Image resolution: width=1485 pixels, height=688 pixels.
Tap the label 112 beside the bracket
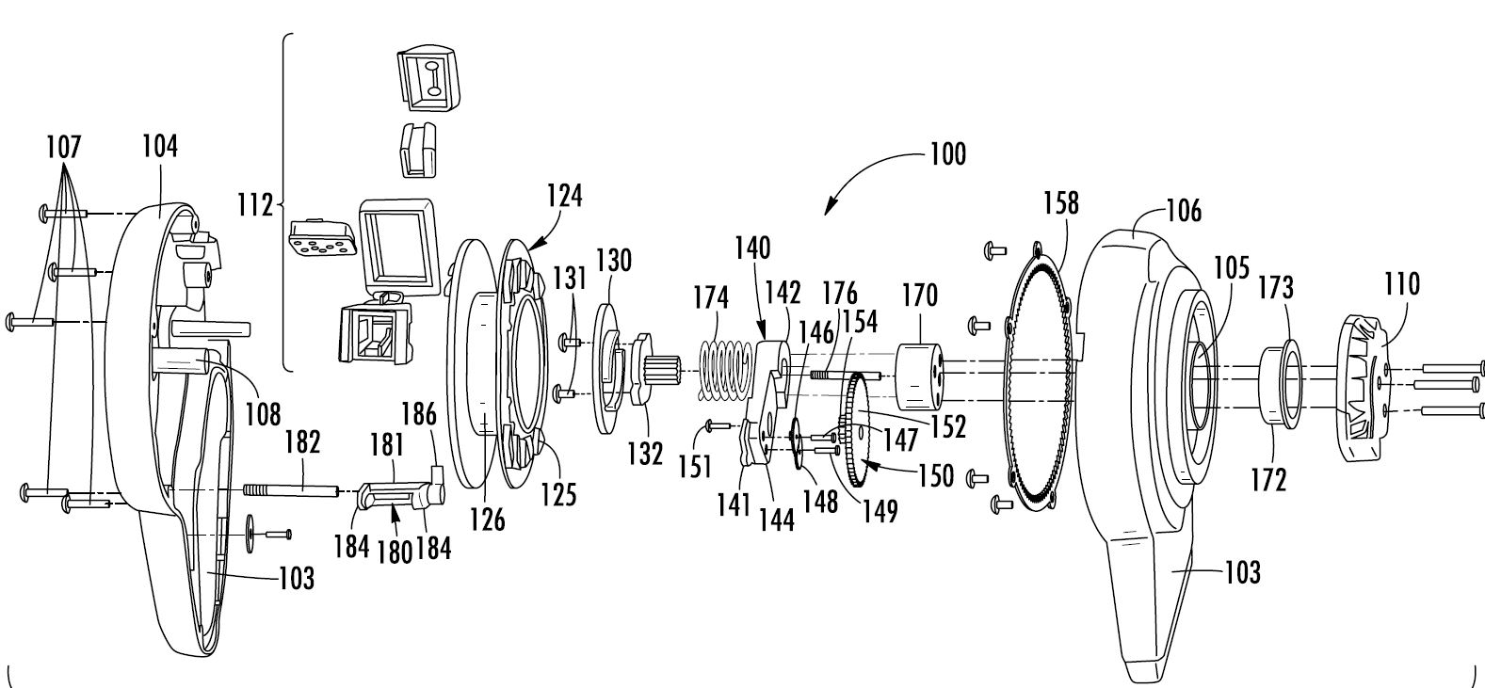point(255,204)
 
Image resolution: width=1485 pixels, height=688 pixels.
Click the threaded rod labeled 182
point(292,488)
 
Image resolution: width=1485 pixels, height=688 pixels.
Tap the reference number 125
point(559,494)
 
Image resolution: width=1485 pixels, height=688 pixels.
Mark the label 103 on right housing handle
point(1241,570)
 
